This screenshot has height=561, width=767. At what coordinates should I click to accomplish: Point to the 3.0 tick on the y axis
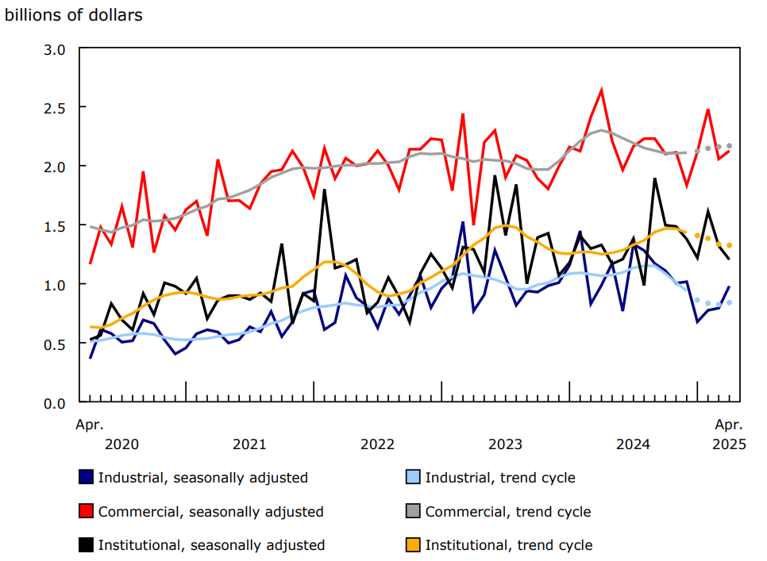point(55,49)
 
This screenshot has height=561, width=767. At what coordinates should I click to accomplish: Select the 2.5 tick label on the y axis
point(55,108)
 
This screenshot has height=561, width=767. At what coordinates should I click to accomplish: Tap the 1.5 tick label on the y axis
point(55,226)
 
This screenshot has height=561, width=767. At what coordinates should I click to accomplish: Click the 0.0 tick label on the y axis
point(55,403)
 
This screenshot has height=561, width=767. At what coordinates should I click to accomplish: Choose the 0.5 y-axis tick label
point(55,344)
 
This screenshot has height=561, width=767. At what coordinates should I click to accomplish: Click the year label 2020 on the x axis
point(121,444)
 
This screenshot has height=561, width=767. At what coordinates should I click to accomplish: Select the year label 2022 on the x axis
point(377,444)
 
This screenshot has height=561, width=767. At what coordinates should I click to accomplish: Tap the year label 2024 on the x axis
point(633,444)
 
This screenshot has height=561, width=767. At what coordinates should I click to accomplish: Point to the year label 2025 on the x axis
point(729,444)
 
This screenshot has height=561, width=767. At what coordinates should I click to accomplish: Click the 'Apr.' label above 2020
point(90,425)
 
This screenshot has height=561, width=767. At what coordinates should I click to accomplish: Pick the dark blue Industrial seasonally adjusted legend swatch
point(86,478)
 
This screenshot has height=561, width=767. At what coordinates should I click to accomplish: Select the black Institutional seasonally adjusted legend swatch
point(86,545)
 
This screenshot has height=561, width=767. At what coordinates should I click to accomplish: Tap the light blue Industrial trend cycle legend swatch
point(413,478)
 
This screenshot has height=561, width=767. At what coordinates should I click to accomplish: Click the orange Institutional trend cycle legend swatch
point(413,545)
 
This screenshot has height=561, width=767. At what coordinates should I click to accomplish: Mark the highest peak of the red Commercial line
point(601,90)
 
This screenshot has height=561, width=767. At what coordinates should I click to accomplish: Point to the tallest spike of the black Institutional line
point(495,176)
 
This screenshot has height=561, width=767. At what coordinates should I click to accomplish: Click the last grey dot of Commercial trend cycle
point(729,146)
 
